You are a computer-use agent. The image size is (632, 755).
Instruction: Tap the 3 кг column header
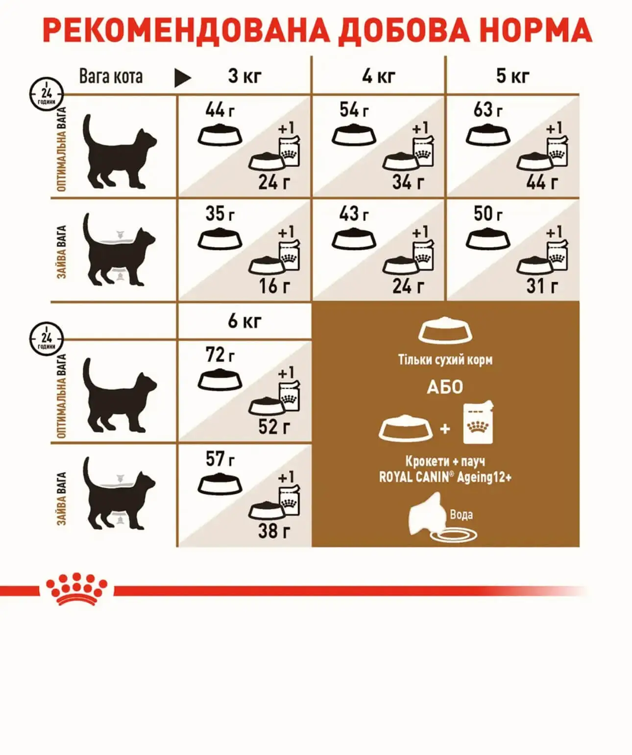(x=244, y=76)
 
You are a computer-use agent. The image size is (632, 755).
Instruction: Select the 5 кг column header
(x=512, y=76)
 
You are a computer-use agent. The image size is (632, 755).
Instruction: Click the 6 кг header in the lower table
(x=244, y=321)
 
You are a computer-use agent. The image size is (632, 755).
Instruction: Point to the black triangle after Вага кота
(x=182, y=78)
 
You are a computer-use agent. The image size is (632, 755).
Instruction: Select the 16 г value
(x=274, y=286)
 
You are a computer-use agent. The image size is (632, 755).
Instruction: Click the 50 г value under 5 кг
(x=488, y=213)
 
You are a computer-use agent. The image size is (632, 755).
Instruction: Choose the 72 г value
(x=220, y=354)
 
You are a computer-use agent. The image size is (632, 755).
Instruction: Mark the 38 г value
(x=274, y=531)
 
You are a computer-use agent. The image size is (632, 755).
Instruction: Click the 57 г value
(x=220, y=458)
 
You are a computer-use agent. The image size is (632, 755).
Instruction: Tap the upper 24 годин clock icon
(x=47, y=94)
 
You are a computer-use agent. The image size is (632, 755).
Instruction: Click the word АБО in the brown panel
(x=445, y=387)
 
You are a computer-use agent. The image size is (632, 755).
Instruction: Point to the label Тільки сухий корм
(x=445, y=360)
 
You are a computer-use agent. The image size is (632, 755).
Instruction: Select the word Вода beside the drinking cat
(x=461, y=514)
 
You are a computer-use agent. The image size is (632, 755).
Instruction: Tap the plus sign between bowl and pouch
(x=445, y=428)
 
